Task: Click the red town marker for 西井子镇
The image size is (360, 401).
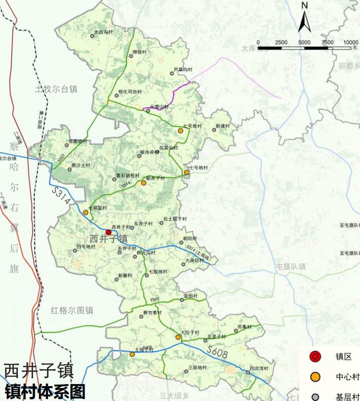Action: pos(108,232)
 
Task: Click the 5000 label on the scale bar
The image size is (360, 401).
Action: pos(304,43)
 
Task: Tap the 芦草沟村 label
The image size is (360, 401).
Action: pos(183,69)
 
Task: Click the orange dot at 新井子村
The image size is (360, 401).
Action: pos(144,183)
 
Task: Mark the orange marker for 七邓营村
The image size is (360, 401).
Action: pos(86,212)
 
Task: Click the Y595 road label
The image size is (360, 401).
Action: pos(154,300)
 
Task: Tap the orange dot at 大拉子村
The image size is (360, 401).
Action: pos(178,337)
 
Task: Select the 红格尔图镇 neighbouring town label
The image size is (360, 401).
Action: pos(72,311)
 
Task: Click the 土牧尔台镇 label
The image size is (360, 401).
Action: pos(56,89)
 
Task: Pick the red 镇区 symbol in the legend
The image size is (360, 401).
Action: pos(315,356)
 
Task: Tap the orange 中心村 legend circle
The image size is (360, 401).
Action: pos(315,377)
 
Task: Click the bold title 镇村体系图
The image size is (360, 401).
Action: pos(45,392)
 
